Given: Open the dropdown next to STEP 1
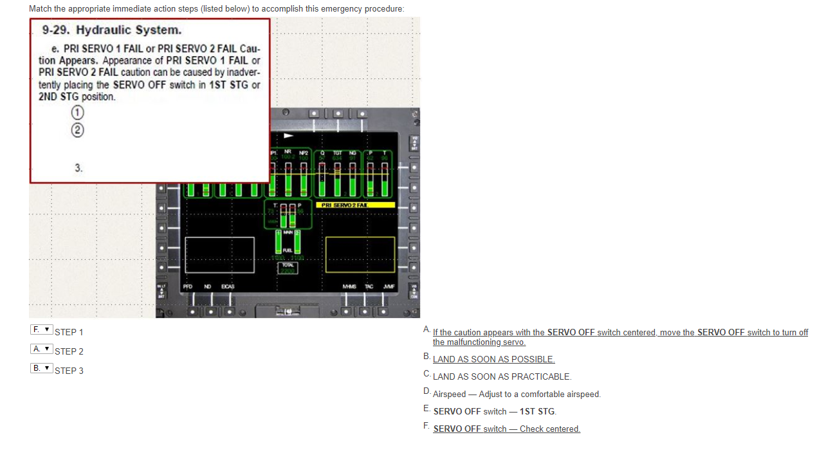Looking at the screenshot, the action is coord(41,330).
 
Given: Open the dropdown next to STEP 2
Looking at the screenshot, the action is coord(41,349).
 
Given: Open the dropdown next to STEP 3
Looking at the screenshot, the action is coord(41,368).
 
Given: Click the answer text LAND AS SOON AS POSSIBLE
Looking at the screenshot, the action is coord(493,359).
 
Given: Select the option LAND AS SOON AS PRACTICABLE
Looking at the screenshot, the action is coord(502,376).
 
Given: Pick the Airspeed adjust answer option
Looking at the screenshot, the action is coord(517,394).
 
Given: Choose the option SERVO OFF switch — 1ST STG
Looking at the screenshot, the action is coord(495,411).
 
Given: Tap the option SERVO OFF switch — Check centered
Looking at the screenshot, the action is coord(506,429).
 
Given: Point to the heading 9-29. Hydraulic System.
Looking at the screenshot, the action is coord(112,30).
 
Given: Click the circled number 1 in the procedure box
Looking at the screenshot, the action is coord(77,112).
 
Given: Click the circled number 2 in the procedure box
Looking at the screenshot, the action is coord(77,129).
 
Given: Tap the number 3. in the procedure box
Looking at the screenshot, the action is coord(78,168).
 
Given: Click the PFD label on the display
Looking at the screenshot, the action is coord(187,286).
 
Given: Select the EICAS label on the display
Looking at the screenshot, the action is coord(228,286).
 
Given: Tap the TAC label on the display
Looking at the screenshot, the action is coord(369,286).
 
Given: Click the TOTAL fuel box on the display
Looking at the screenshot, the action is coord(288,268).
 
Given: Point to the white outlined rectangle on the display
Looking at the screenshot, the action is coord(219,254).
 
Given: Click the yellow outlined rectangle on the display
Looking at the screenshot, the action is coord(360,254).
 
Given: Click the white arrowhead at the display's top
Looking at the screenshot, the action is coord(288,136).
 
